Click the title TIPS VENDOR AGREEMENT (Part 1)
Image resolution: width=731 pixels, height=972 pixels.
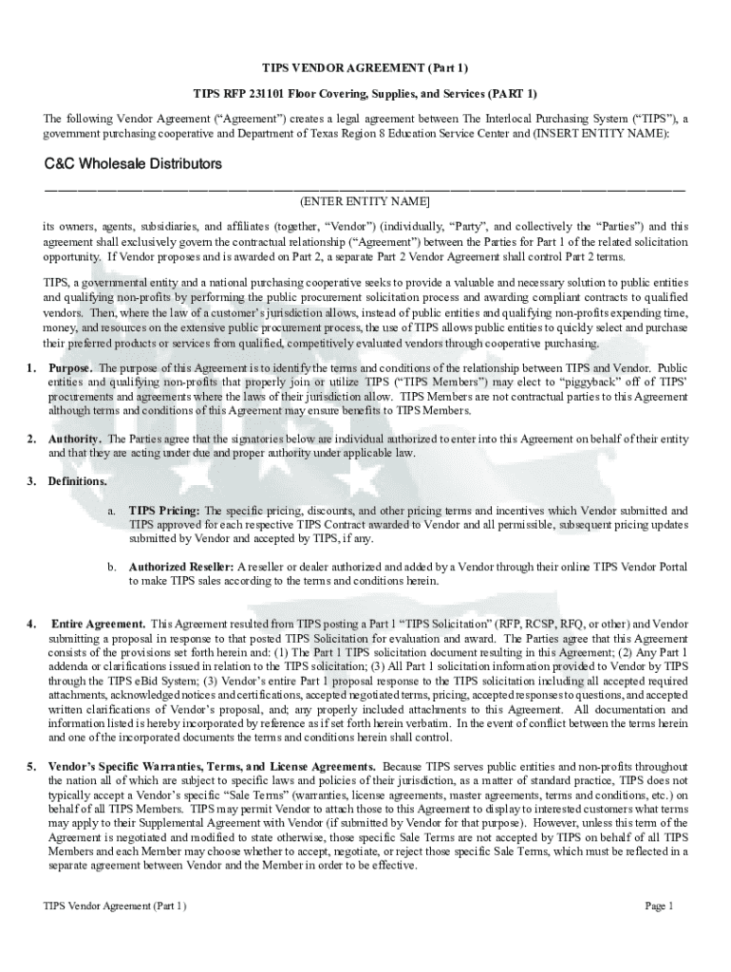tap(365, 68)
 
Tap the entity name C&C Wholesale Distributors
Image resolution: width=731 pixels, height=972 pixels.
tap(133, 164)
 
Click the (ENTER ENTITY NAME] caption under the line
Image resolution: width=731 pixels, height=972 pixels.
tap(365, 202)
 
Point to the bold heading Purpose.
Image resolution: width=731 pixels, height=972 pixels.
tap(71, 368)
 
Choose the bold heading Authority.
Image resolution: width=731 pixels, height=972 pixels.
tap(75, 439)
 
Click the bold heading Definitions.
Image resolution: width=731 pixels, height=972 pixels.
tap(78, 481)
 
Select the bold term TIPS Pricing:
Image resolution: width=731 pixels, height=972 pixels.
tap(164, 511)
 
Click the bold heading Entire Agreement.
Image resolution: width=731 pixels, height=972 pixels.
tap(98, 624)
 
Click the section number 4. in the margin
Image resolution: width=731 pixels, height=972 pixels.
tap(31, 624)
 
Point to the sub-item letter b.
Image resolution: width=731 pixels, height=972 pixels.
tap(111, 568)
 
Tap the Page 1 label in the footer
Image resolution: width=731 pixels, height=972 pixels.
tap(659, 907)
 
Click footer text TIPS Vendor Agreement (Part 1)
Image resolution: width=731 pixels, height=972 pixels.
tap(115, 907)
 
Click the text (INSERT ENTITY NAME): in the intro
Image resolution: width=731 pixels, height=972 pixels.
tap(602, 134)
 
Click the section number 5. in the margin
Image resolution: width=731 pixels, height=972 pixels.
tap(31, 766)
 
